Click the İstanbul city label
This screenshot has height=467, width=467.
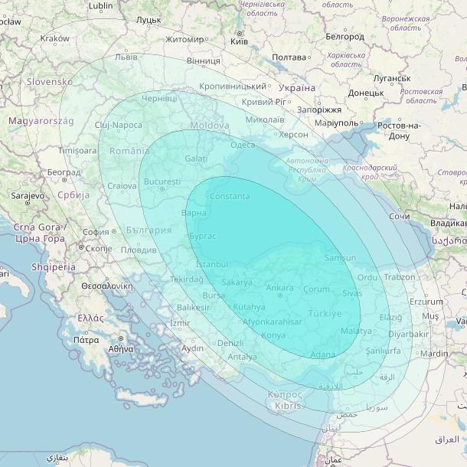[x=213, y=264]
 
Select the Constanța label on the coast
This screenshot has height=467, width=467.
[x=230, y=197]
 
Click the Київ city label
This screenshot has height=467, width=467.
[x=239, y=40]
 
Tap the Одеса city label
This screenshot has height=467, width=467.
[x=243, y=145]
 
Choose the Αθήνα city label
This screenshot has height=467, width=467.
[x=121, y=348]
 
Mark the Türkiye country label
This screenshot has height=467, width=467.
[x=325, y=314]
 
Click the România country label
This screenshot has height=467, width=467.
[x=129, y=151]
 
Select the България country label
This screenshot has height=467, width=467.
[x=149, y=230]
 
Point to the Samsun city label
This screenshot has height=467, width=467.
[x=340, y=259]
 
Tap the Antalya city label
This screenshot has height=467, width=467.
[x=243, y=357]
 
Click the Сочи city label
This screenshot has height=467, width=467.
[x=399, y=217]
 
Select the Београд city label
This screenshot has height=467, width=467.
[x=63, y=173]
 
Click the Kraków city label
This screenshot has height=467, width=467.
[x=54, y=38]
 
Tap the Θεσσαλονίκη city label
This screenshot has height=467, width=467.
[x=103, y=285]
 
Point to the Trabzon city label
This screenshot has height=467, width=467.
[x=400, y=277]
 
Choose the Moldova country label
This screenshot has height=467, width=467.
[x=209, y=125]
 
